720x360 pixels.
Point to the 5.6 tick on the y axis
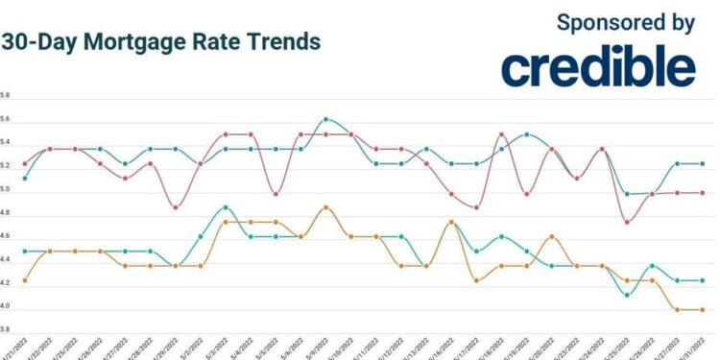click(x=5, y=119)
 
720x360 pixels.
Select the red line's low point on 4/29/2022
click(x=175, y=207)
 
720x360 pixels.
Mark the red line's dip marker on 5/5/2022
click(x=276, y=194)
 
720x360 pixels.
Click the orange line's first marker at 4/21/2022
click(x=24, y=280)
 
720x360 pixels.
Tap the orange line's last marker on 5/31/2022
click(x=702, y=309)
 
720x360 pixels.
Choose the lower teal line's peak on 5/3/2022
click(x=225, y=207)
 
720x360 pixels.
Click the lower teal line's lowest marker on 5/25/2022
click(x=627, y=295)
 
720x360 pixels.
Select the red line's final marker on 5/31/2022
click(x=702, y=192)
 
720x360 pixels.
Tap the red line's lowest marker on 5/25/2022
click(x=627, y=222)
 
